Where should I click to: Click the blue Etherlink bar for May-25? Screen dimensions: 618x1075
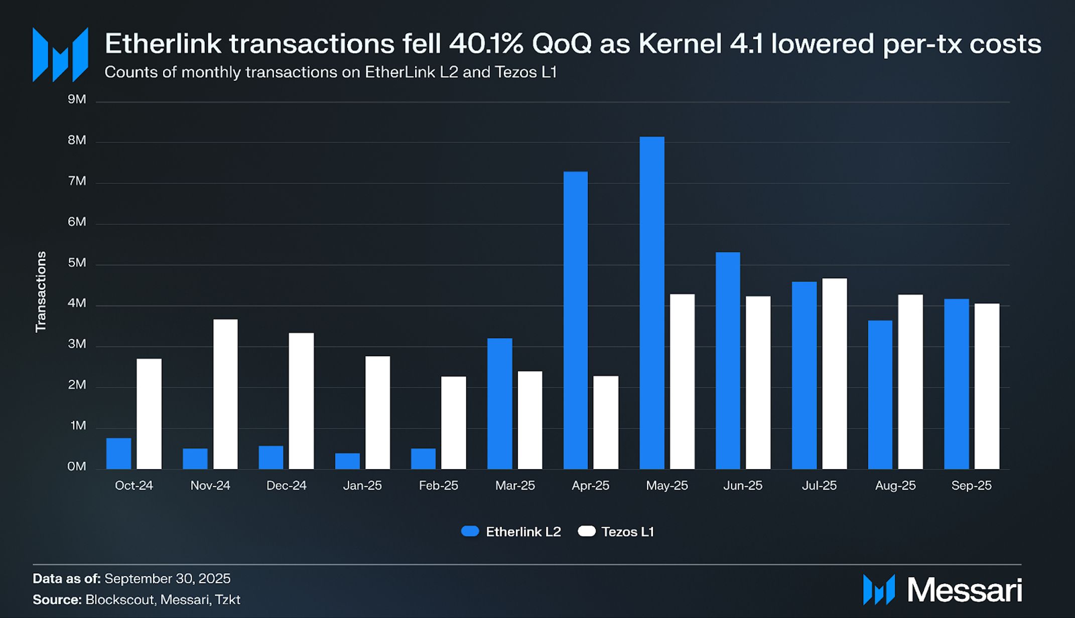tap(652, 302)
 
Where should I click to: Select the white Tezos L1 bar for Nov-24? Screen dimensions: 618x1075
tap(225, 394)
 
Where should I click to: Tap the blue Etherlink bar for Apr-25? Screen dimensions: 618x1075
tap(576, 320)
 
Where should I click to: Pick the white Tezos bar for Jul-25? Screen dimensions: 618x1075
tap(835, 374)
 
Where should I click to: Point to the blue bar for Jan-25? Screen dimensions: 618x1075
tap(347, 461)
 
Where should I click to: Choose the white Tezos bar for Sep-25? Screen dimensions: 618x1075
tap(987, 386)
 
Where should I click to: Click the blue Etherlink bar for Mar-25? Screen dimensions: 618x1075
tap(500, 403)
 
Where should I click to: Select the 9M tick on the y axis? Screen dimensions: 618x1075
tap(77, 99)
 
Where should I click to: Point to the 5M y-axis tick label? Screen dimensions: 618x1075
tap(77, 263)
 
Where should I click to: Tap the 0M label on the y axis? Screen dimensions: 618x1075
tap(77, 467)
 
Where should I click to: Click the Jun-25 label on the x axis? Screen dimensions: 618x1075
tap(743, 486)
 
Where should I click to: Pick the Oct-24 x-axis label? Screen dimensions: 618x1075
tap(134, 486)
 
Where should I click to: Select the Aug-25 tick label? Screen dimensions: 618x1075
tap(895, 486)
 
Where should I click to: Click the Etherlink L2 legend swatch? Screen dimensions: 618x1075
tap(470, 532)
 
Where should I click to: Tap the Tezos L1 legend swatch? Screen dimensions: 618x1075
tap(586, 532)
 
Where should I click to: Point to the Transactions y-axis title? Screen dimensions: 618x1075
tap(41, 291)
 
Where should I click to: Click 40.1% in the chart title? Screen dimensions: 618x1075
tap(486, 44)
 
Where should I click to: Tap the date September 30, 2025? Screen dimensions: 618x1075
tap(168, 578)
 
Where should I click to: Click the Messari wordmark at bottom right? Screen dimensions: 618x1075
tap(965, 590)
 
